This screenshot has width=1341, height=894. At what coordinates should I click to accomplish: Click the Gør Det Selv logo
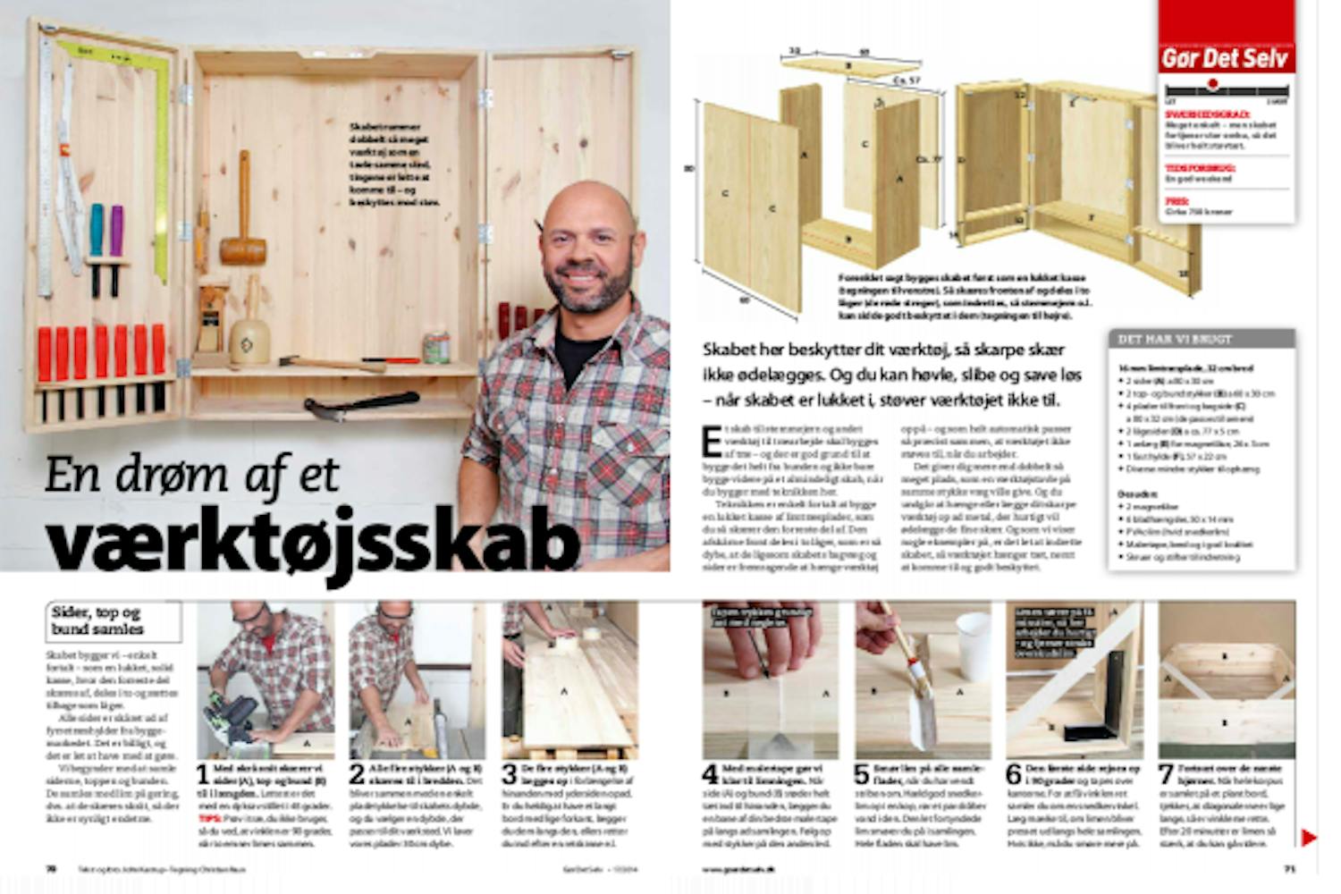point(1226,59)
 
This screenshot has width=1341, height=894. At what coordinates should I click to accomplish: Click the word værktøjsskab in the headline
point(313,543)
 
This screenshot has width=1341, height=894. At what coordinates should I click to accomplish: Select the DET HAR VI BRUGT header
point(1162,340)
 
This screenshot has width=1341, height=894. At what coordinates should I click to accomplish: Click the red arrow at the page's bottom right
point(1308,838)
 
